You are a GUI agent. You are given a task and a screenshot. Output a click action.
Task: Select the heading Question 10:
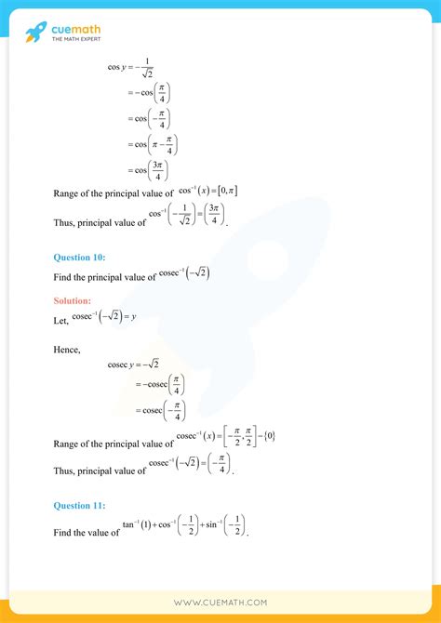click(x=79, y=257)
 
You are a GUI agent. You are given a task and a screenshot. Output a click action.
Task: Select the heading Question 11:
click(x=79, y=505)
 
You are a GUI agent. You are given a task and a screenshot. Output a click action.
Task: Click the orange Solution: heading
click(x=72, y=300)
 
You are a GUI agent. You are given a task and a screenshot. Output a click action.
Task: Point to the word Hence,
click(x=69, y=349)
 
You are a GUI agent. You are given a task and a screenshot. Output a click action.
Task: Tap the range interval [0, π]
click(x=223, y=191)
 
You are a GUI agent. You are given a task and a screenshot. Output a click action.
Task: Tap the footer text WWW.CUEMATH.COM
click(x=220, y=603)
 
